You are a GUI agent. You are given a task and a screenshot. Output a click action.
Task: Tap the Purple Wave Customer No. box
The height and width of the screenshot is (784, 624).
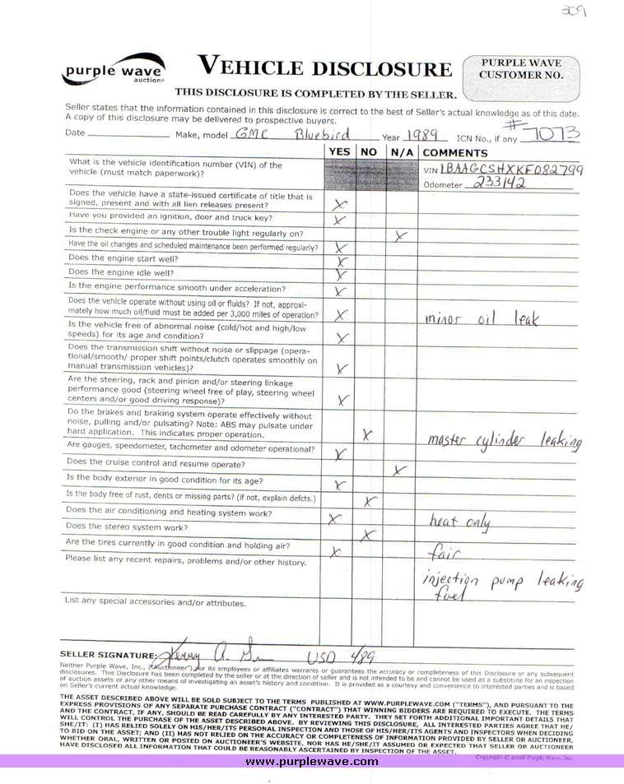tap(520, 70)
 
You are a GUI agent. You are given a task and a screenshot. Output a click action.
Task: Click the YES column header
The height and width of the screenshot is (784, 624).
tap(339, 152)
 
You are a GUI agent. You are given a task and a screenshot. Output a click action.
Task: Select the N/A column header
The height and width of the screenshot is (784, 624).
tap(402, 152)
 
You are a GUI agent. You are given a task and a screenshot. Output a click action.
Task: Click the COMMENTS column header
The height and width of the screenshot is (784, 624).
tap(455, 152)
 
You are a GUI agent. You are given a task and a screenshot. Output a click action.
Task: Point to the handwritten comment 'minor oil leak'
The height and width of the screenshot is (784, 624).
tap(481, 318)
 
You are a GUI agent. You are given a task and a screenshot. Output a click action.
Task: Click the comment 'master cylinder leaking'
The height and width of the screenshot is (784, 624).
tap(505, 441)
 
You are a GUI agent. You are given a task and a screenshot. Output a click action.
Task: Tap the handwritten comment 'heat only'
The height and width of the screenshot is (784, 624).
tap(459, 521)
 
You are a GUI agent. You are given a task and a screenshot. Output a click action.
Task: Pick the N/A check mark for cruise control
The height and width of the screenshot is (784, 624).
tap(400, 471)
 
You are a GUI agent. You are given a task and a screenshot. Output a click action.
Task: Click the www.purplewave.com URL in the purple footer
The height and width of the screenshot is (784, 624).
tap(312, 762)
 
